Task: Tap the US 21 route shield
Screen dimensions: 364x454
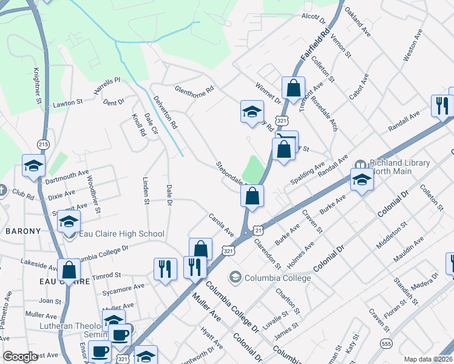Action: pos(259,230)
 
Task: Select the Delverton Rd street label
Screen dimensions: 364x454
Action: pos(165,112)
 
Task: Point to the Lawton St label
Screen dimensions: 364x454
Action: pos(67,104)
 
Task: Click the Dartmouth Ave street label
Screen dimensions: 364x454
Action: pos(67,176)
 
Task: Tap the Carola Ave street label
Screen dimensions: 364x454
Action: pos(221,224)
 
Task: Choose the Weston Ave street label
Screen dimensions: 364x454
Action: pos(413,47)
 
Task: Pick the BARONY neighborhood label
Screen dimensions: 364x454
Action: pos(23,231)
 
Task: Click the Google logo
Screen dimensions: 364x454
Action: pos(21,357)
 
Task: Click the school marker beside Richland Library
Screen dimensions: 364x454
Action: pos(362,180)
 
